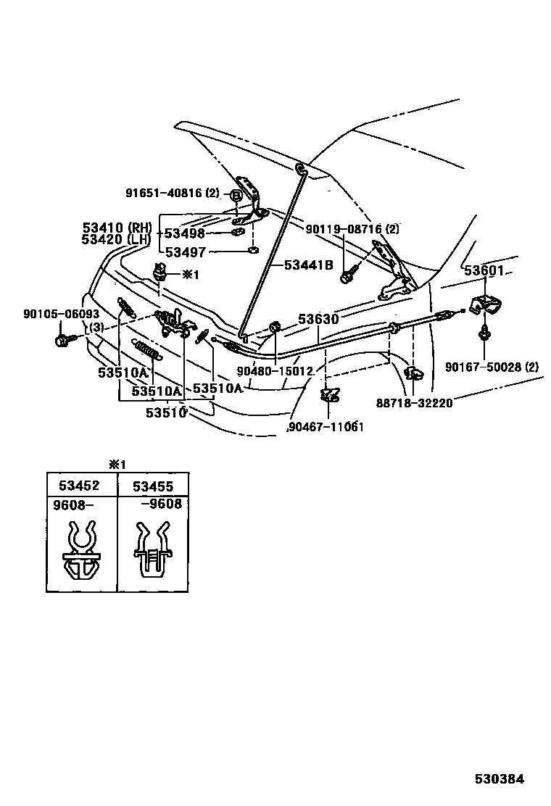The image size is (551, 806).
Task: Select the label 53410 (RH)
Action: pyautogui.click(x=117, y=228)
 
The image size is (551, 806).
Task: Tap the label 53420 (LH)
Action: pyautogui.click(x=117, y=239)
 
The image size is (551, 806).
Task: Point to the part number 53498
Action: pyautogui.click(x=185, y=233)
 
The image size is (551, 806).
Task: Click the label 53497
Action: pyautogui.click(x=185, y=252)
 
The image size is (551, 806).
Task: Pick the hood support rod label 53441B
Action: pyautogui.click(x=307, y=265)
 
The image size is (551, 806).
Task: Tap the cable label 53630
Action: pyautogui.click(x=316, y=318)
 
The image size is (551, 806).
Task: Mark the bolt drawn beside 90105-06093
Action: pyautogui.click(x=62, y=338)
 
